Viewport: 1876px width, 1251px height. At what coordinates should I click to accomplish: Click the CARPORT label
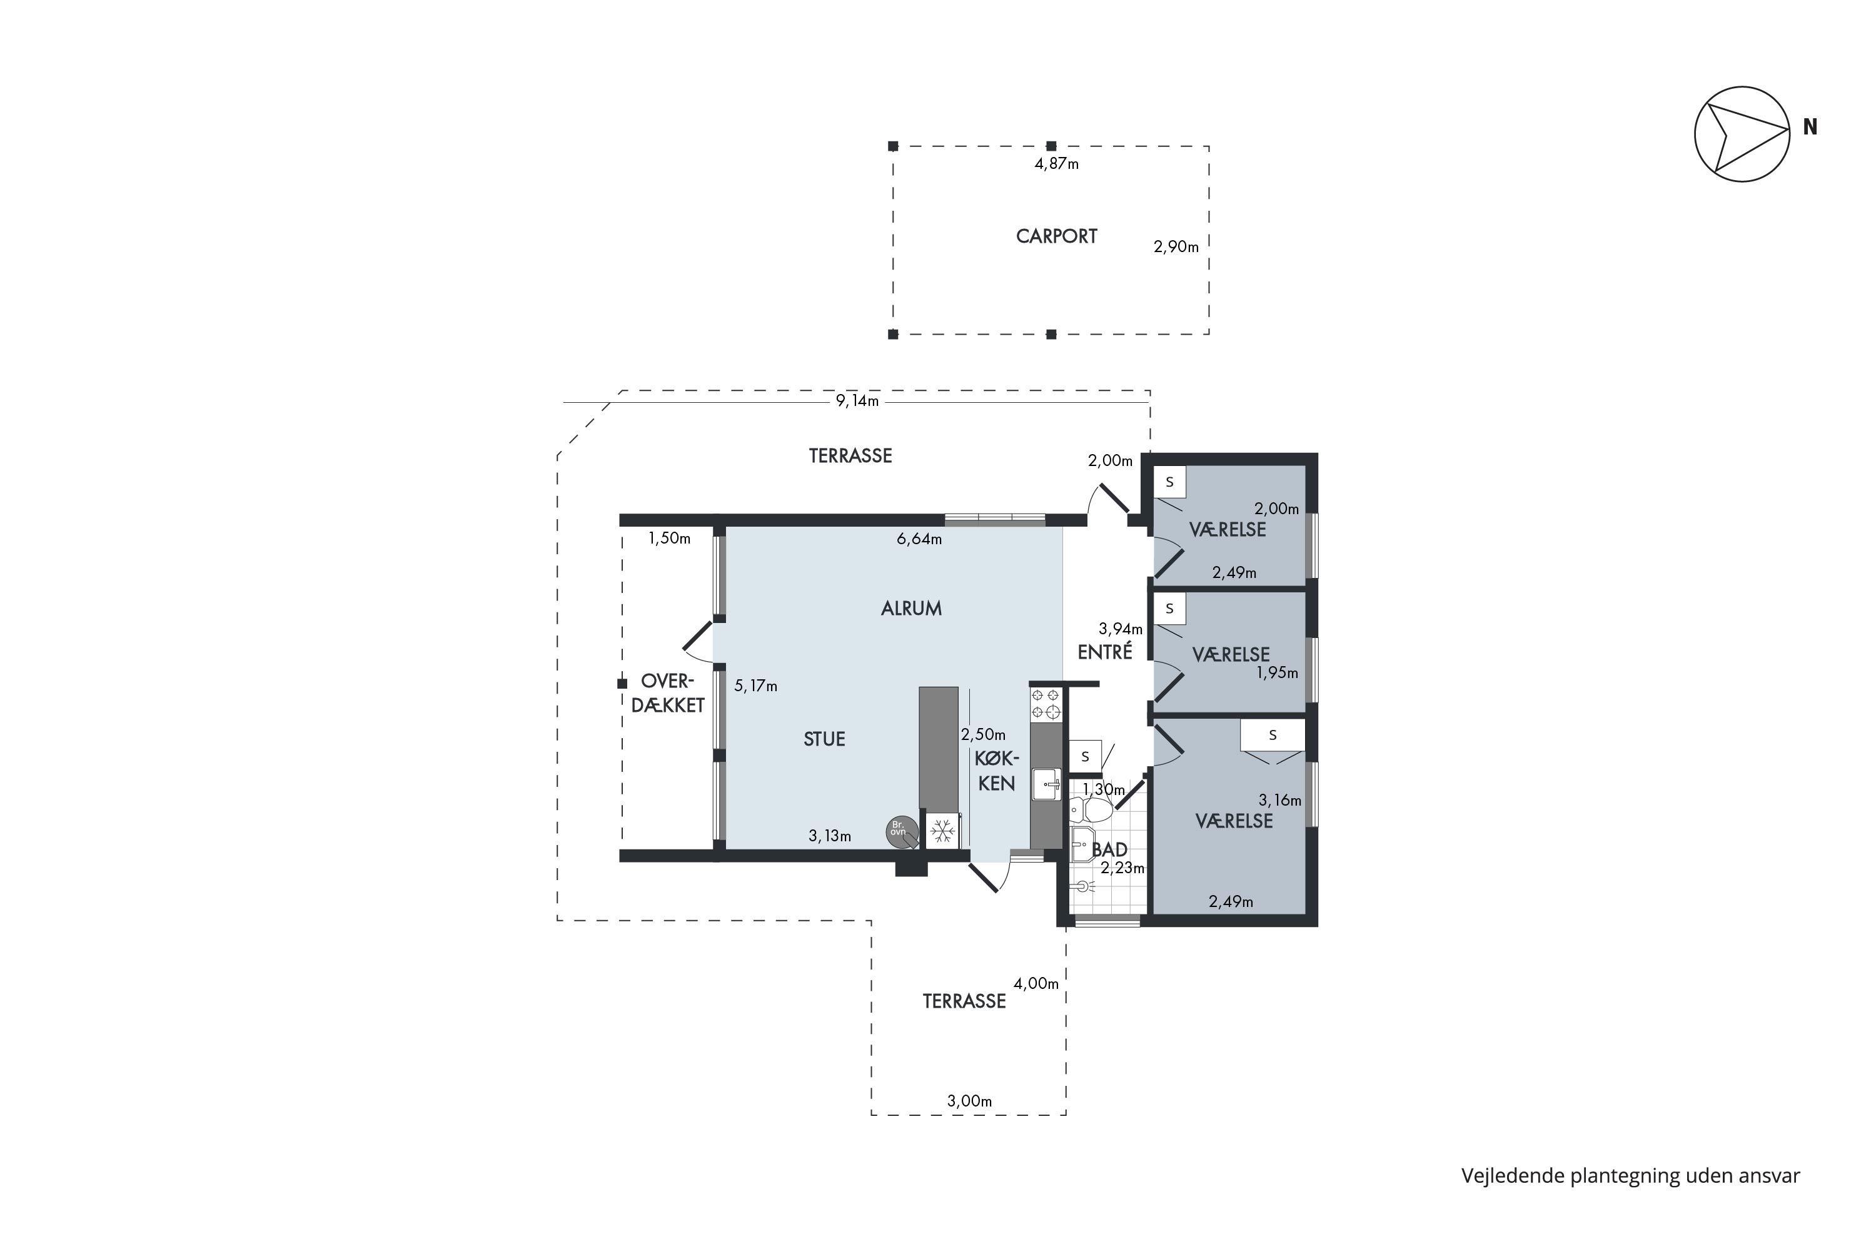coord(1056,236)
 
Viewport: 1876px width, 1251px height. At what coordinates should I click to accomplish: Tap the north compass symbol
coord(1742,134)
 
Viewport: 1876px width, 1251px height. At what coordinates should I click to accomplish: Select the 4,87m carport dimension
coord(1056,163)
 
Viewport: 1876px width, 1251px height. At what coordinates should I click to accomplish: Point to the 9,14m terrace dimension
coord(857,400)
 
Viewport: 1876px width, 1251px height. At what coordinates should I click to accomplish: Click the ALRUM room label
coord(911,609)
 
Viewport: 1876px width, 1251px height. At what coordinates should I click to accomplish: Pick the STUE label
coord(824,739)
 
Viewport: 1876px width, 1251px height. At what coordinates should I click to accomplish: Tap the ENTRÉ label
coord(1105,652)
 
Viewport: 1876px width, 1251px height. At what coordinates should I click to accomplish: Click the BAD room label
coord(1109,849)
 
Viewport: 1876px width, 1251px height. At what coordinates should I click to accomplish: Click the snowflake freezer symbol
coord(943,831)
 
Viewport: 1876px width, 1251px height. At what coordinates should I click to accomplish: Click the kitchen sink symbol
coord(1046,784)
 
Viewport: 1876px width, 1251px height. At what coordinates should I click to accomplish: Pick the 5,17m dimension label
coord(755,686)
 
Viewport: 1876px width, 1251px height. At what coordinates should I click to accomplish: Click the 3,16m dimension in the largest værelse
coord(1279,799)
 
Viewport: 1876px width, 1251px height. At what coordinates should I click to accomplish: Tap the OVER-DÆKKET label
coord(668,693)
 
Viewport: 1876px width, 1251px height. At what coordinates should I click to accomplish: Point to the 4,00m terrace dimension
coord(1036,984)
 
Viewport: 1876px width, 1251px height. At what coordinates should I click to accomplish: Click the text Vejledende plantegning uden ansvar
coord(1630,1176)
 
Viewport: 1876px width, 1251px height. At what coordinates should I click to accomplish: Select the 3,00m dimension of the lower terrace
coord(969,1101)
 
